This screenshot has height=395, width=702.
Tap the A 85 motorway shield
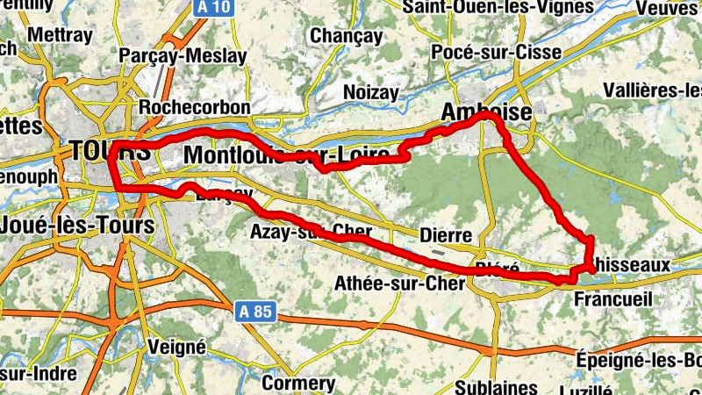point(255,311)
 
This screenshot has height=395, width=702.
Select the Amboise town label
point(485,112)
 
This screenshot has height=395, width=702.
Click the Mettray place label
point(60,36)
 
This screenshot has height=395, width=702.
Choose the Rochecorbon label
point(195,107)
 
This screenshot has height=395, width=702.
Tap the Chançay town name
point(346,37)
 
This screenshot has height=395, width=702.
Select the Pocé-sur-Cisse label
point(497,53)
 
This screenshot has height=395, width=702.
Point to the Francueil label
point(612,299)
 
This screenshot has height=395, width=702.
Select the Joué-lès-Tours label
point(77,225)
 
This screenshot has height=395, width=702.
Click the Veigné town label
point(177,347)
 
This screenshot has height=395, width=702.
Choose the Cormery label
point(298,384)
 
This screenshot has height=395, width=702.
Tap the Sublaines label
point(497,387)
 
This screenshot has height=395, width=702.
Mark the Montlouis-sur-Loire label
point(287,155)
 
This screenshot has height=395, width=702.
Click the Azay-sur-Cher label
point(311,233)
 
